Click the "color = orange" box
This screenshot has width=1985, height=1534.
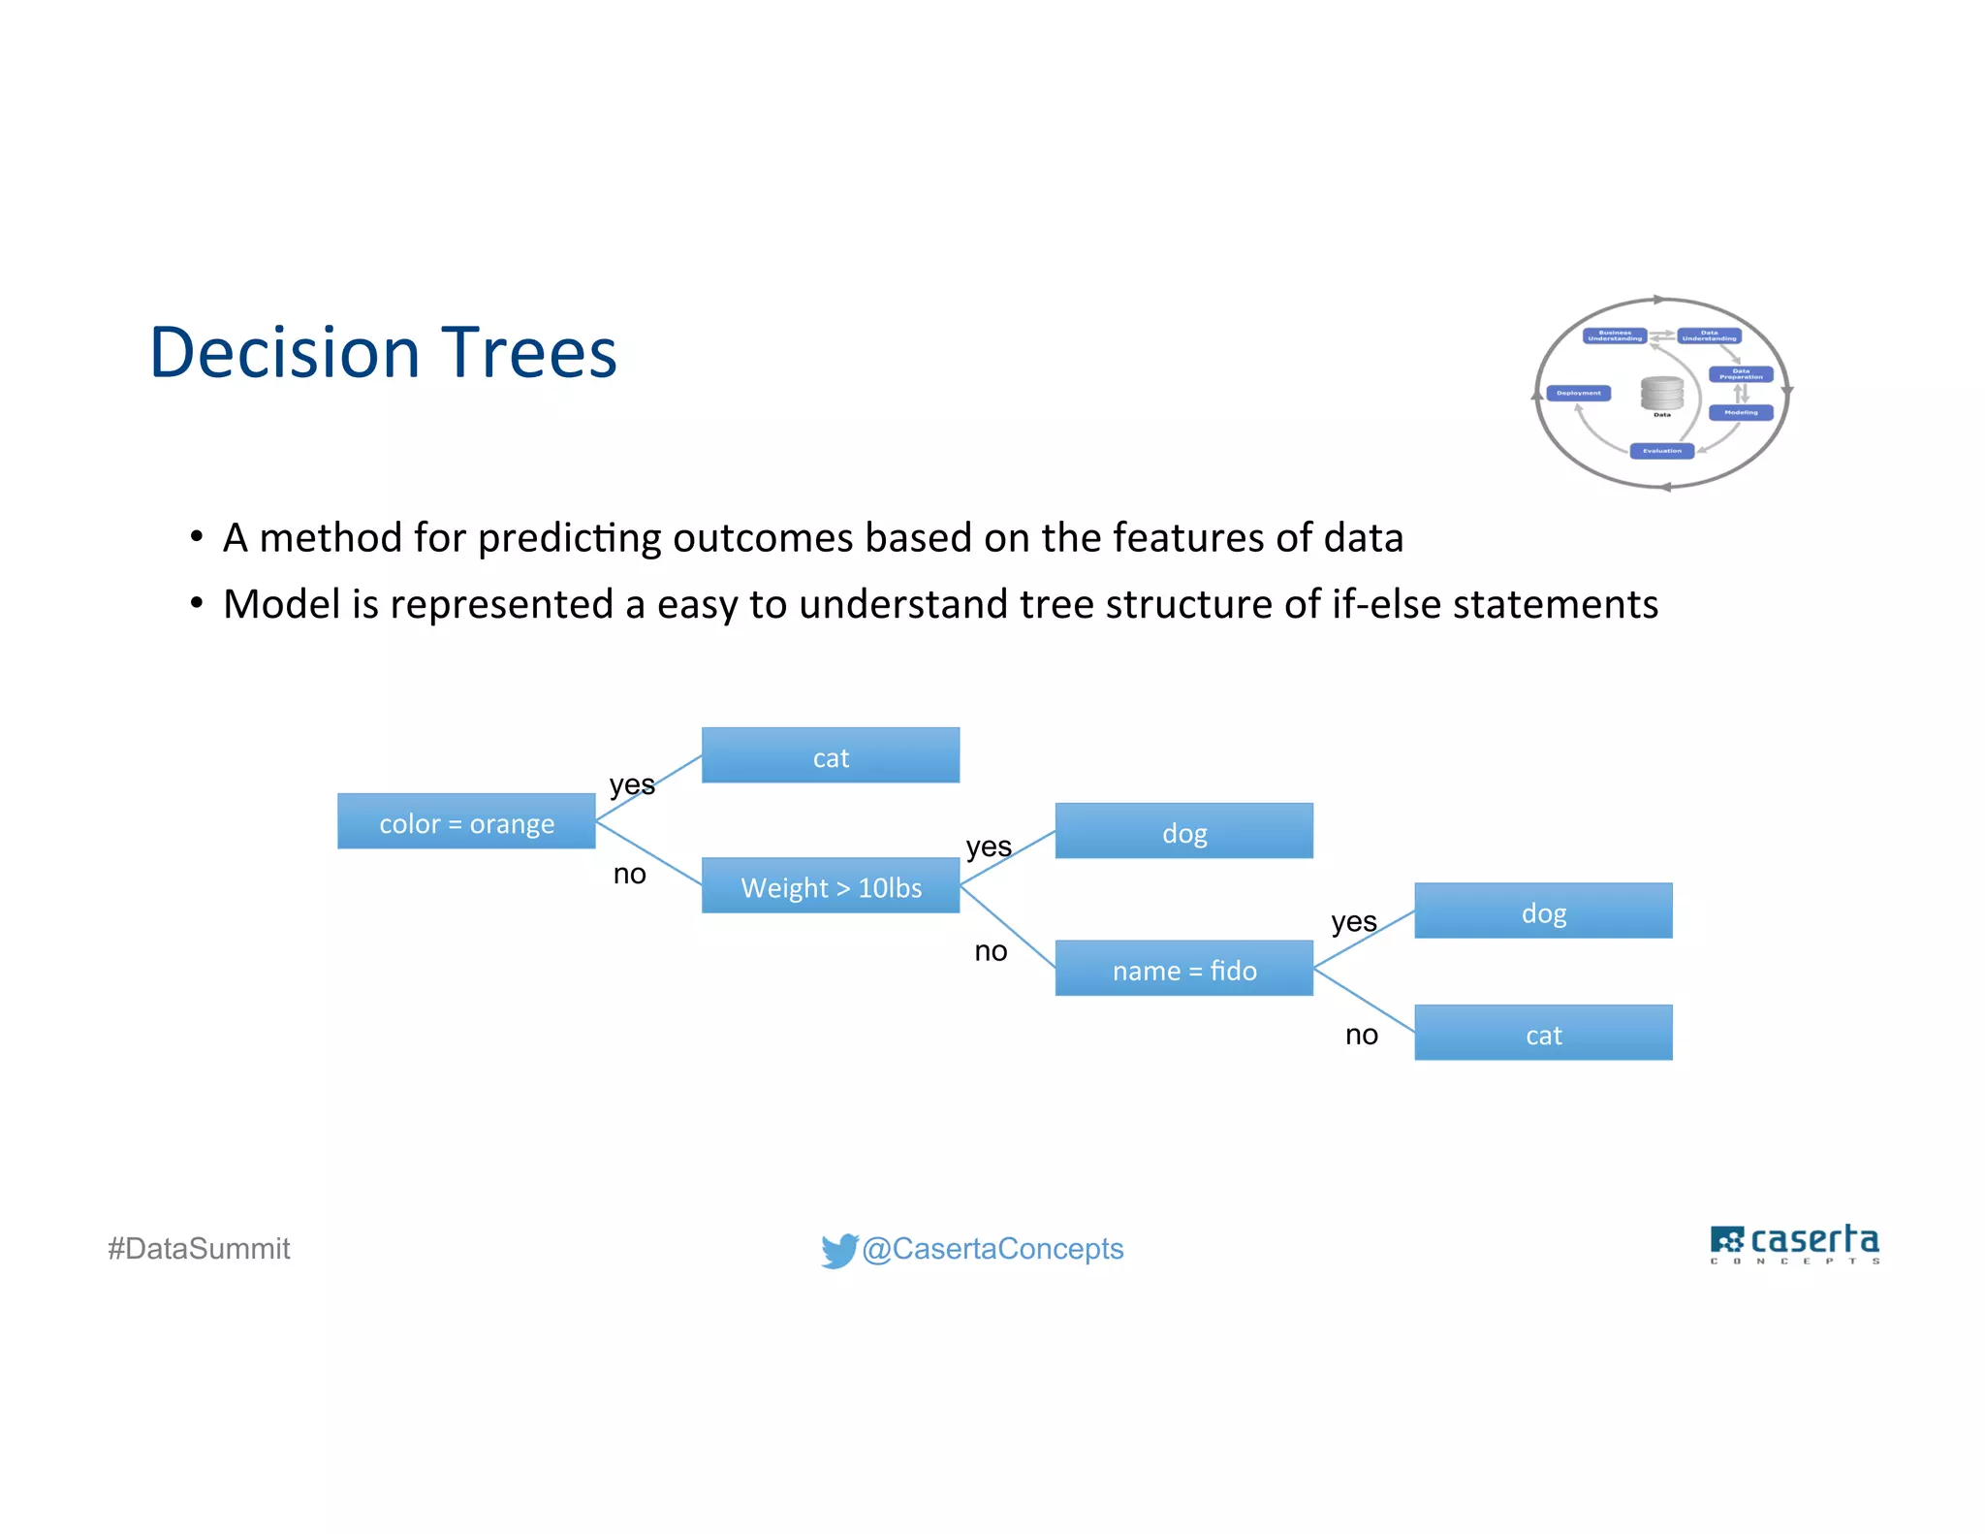(466, 821)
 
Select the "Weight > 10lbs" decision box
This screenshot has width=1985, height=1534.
(831, 885)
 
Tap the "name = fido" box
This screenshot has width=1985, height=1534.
(1183, 969)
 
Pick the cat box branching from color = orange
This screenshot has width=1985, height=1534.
(831, 755)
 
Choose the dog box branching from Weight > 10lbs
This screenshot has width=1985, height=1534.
(1183, 831)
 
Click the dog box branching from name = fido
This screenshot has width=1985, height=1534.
(1543, 911)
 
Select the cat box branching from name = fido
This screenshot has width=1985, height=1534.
(1543, 1033)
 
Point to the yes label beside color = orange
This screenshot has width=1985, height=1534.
(632, 783)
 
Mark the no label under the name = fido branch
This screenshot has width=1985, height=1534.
(1361, 1035)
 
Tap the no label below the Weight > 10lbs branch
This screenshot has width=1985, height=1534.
(991, 951)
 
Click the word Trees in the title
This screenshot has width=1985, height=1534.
(528, 352)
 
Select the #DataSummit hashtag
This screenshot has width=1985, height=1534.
(199, 1248)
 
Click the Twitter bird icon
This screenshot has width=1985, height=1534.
(838, 1250)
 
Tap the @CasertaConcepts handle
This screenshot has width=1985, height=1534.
(992, 1248)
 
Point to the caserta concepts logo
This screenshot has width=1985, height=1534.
(1794, 1244)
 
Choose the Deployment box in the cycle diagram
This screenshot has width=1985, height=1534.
(1579, 393)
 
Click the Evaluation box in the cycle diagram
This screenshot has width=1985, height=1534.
(1661, 451)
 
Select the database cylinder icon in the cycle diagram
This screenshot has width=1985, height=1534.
(1661, 394)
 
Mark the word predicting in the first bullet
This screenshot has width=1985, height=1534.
(569, 538)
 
